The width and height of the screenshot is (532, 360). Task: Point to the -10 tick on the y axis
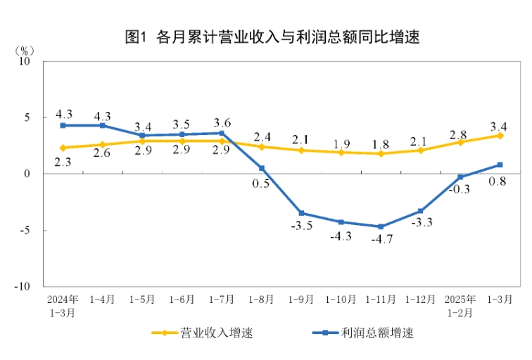point(25,287)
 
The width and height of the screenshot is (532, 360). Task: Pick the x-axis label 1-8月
point(262,299)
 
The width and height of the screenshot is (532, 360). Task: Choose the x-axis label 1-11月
point(381,299)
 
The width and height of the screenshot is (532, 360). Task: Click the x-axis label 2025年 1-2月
point(460,304)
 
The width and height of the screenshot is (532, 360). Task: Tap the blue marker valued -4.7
point(381,226)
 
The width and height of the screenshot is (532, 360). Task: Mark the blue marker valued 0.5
point(262,168)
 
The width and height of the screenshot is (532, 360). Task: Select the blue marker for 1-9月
point(301,213)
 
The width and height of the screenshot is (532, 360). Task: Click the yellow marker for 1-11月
point(381,153)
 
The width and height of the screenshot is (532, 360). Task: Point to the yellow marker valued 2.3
point(63,148)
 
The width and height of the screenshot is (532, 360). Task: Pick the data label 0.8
point(499,180)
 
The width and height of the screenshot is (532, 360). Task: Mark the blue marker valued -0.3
point(460,177)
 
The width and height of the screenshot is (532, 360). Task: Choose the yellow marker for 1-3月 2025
point(500,135)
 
